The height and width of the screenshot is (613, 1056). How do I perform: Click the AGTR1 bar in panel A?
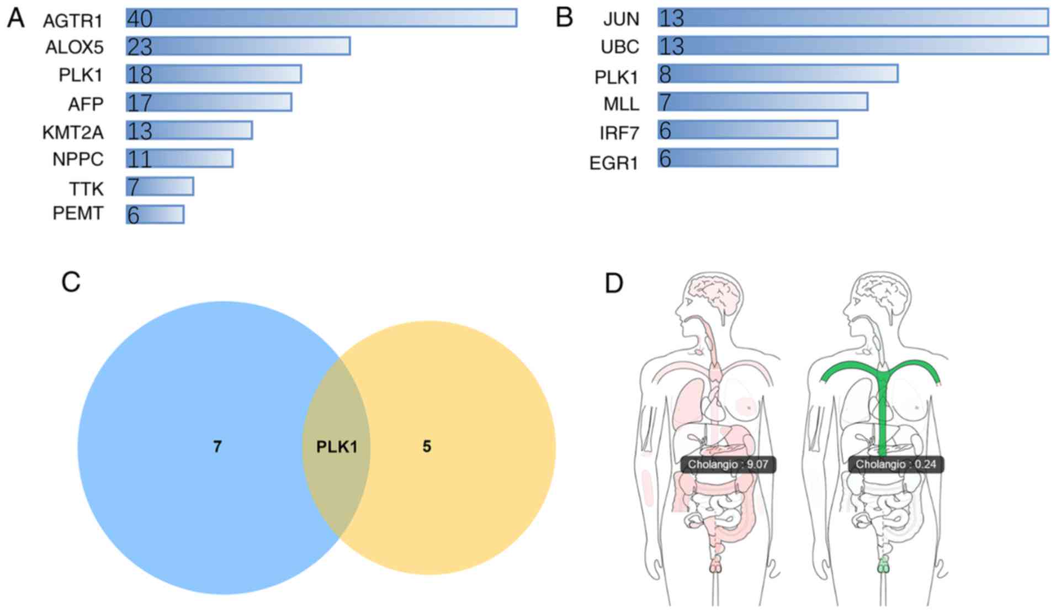321,18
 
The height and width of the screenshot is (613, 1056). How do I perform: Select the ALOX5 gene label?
74,47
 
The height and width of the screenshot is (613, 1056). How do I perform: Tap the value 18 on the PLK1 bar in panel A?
140,75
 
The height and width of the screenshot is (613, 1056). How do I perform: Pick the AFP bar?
209,102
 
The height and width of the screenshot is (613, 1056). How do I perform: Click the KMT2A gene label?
73,133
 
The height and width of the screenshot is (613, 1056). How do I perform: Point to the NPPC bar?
179,158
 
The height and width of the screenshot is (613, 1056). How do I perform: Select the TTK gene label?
86,189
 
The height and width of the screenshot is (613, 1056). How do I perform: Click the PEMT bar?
155,214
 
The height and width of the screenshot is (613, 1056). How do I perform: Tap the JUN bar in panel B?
853,18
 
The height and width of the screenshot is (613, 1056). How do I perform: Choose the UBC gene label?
619,47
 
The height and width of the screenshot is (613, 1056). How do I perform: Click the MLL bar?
762,102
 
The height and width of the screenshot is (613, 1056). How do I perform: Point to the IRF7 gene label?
619,133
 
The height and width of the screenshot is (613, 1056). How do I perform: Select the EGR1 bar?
747,158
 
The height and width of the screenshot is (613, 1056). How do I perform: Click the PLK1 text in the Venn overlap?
337,446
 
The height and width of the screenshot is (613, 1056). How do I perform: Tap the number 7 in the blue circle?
217,446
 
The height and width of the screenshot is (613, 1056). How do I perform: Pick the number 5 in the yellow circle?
427,446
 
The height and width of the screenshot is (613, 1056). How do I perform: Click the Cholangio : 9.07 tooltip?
728,464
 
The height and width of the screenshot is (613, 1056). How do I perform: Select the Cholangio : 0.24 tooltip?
895,464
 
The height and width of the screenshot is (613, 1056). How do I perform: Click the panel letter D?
614,283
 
